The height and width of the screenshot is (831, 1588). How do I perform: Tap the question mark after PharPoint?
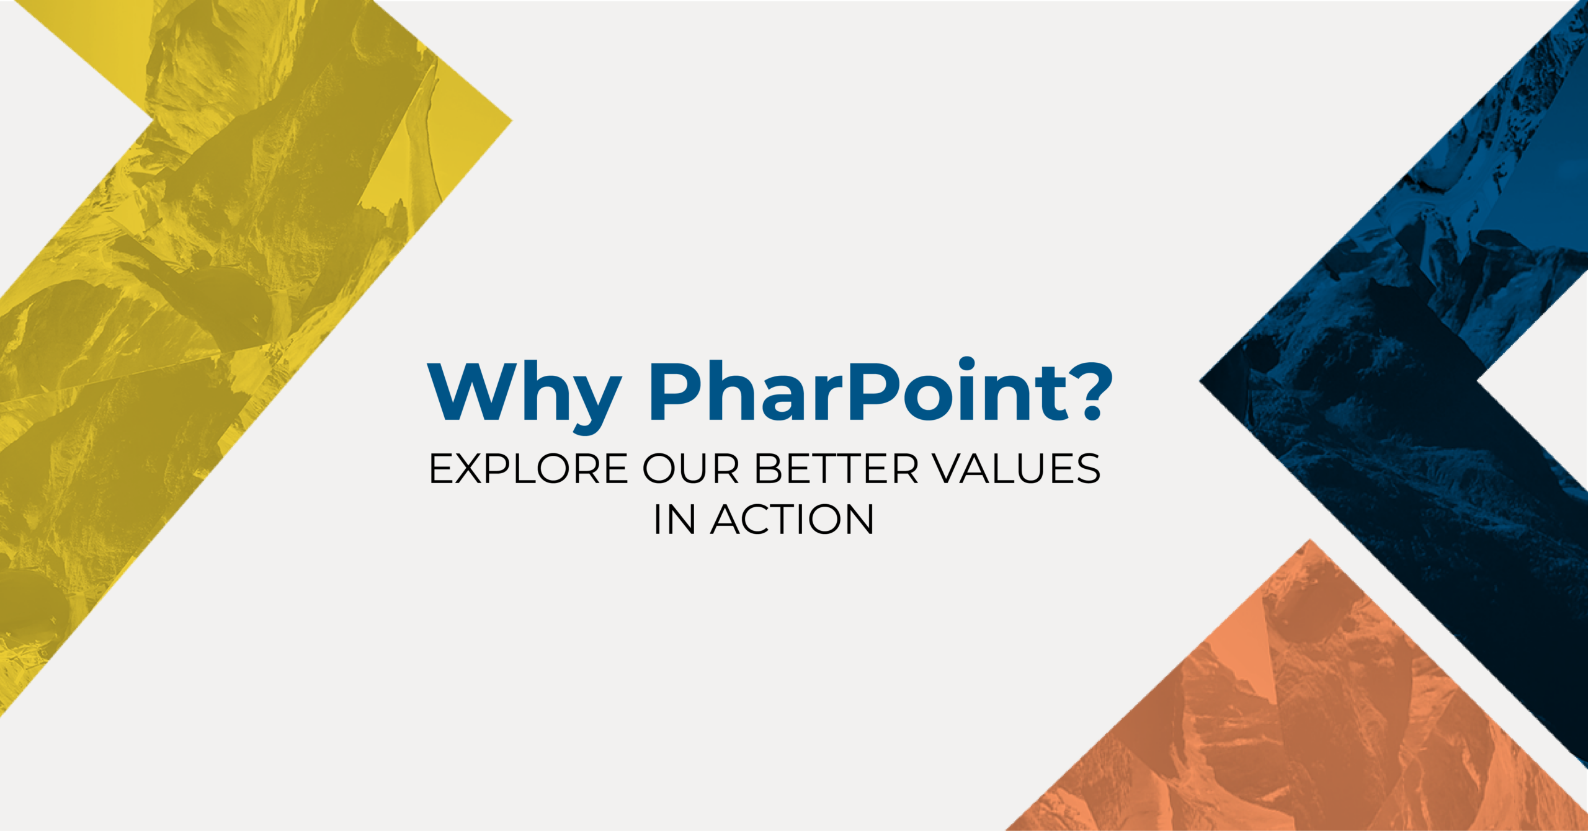(x=1092, y=391)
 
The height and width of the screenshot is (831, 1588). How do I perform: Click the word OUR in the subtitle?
(x=691, y=469)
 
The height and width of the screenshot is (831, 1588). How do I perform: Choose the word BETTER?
(x=836, y=469)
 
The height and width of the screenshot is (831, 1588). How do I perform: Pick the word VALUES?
(x=1017, y=469)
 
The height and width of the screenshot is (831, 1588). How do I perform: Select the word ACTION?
(x=792, y=520)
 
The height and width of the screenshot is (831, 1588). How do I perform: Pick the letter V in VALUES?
(x=950, y=469)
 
